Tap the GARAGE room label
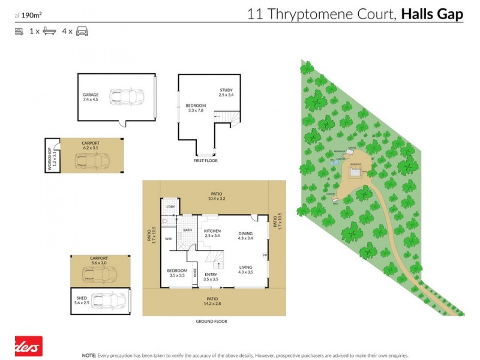(x=91, y=95)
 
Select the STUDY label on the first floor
(x=225, y=90)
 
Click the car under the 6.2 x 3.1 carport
(x=91, y=161)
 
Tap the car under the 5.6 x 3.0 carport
(x=100, y=274)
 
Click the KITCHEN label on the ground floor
(x=212, y=231)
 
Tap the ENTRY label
(x=211, y=274)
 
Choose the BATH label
(x=187, y=230)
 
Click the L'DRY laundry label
(x=170, y=207)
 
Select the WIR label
(x=169, y=238)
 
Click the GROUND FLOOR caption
(x=211, y=322)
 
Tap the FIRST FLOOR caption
(x=205, y=161)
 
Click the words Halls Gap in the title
(x=432, y=14)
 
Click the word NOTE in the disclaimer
(x=89, y=355)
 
